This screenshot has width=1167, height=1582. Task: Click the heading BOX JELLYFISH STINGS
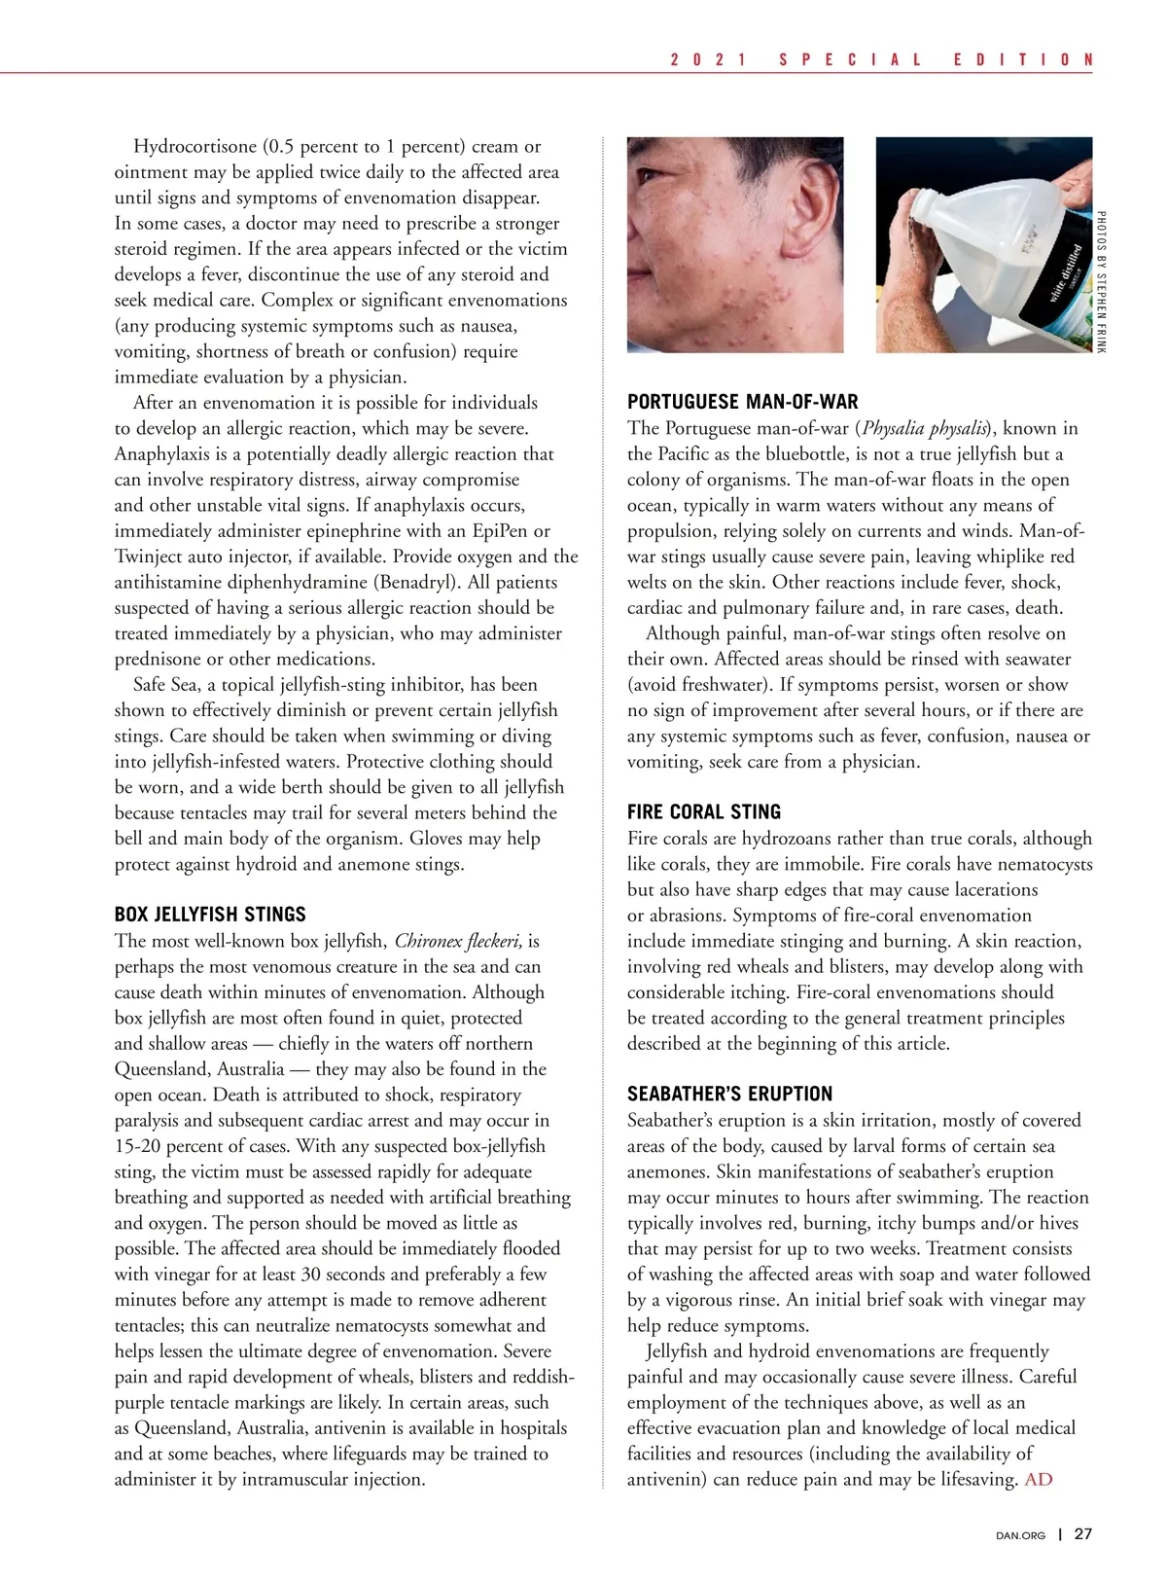[210, 915]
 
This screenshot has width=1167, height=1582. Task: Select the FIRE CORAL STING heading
[704, 812]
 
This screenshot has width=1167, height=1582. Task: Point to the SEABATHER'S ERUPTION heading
[730, 1094]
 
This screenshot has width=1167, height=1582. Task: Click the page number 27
[1082, 1534]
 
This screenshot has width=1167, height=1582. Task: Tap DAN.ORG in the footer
[1021, 1535]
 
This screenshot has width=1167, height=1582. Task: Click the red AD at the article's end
[1039, 1480]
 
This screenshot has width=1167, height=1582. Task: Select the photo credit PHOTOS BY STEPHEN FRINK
[1101, 282]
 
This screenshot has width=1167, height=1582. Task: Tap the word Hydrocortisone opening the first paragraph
[195, 147]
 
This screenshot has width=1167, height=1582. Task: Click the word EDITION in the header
[1023, 59]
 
